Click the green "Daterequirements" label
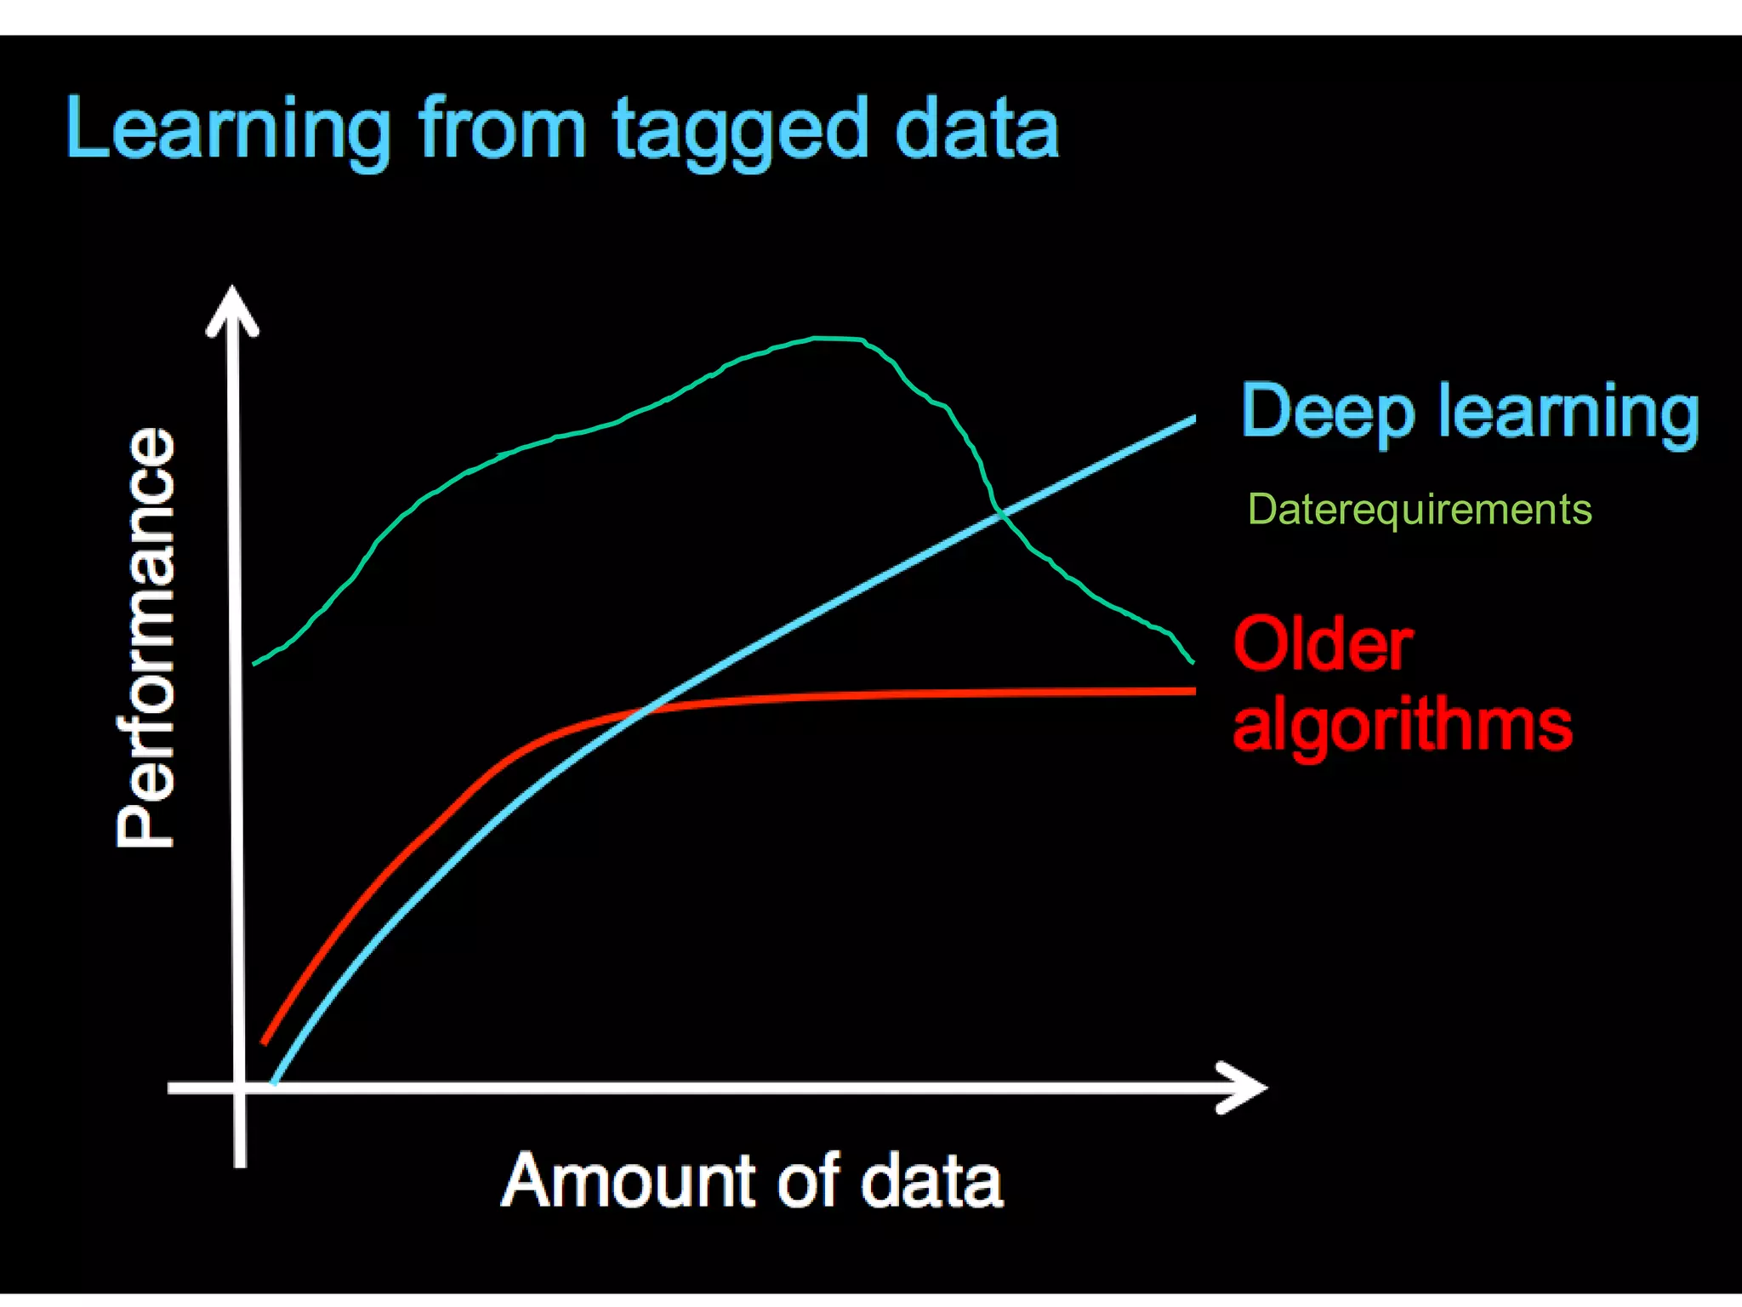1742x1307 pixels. pos(1419,510)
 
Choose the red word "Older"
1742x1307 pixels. pos(1323,645)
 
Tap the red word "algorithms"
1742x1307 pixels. pos(1402,725)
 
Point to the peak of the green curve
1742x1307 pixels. pos(829,339)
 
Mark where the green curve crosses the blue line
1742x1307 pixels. pos(1000,513)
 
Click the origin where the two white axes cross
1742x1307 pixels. pos(239,1087)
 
